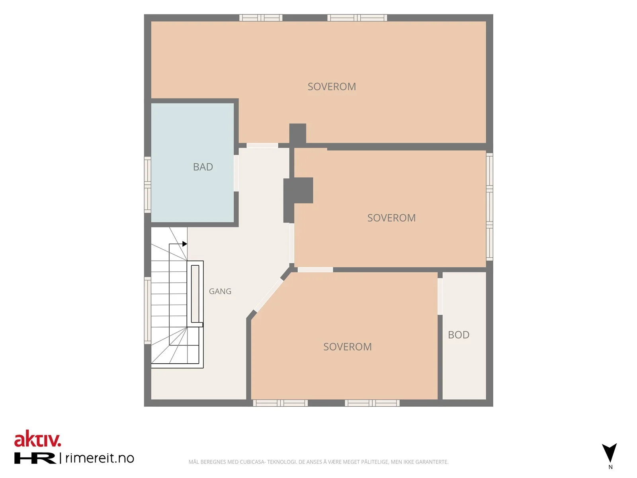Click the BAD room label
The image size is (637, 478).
(203, 167)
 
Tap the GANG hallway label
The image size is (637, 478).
(220, 292)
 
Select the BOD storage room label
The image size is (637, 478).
(459, 335)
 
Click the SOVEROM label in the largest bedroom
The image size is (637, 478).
(332, 87)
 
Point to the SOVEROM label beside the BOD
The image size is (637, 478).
(348, 347)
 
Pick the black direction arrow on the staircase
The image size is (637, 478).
(185, 244)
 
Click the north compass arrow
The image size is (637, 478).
(609, 453)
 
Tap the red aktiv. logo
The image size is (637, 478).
(38, 439)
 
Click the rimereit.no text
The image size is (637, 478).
(100, 458)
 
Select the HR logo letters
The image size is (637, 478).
(35, 458)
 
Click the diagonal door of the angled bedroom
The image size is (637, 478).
(268, 295)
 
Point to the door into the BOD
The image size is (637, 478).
(440, 296)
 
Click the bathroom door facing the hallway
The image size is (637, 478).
(236, 173)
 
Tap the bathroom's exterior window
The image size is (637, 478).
(147, 185)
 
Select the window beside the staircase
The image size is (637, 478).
(147, 311)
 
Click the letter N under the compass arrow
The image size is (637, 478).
(610, 467)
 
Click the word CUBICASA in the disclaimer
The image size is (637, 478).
(252, 462)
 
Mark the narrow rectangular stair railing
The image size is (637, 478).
(195, 294)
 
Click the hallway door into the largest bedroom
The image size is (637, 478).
(262, 146)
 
